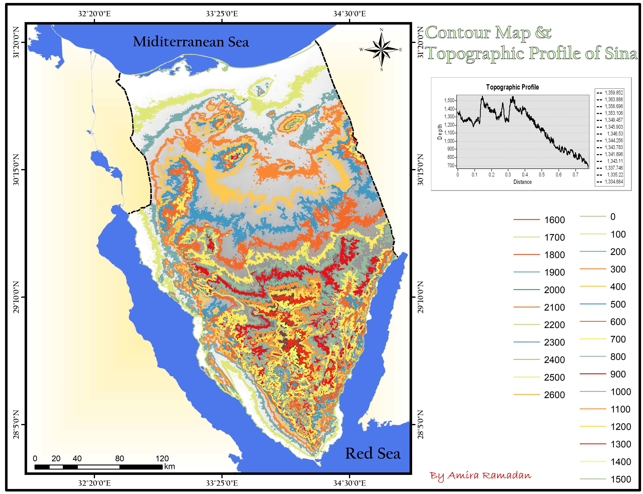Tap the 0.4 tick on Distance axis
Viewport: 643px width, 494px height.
[x=525, y=175]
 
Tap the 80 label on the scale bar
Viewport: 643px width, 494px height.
[x=119, y=459]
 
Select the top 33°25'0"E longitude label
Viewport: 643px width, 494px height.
[x=222, y=14]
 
